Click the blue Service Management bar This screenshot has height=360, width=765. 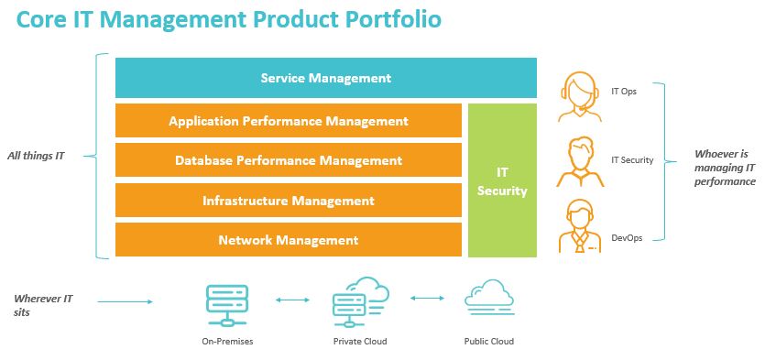pyautogui.click(x=326, y=78)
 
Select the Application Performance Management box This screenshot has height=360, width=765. pyautogui.click(x=289, y=121)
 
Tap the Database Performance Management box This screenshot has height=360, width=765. pyautogui.click(x=289, y=160)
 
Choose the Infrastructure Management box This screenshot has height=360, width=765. pyautogui.click(x=289, y=201)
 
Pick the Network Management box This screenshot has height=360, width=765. pyautogui.click(x=289, y=240)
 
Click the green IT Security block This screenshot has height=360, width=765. pyautogui.click(x=503, y=180)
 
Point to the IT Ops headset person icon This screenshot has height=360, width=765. pyautogui.click(x=580, y=97)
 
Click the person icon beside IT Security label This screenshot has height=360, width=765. pyautogui.click(x=580, y=161)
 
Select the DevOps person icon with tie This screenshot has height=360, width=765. pyautogui.click(x=580, y=225)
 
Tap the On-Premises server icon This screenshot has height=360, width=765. pyautogui.click(x=227, y=306)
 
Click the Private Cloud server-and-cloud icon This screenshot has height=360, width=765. pyautogui.click(x=361, y=302)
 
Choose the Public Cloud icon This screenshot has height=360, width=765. pyautogui.click(x=489, y=297)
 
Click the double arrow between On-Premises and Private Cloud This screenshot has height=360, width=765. pyautogui.click(x=293, y=300)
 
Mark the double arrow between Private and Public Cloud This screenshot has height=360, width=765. pyautogui.click(x=427, y=298)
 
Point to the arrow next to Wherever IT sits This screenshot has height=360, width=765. pyautogui.click(x=126, y=302)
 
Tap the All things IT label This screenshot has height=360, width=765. pyautogui.click(x=36, y=157)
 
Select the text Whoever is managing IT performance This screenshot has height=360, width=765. pyautogui.click(x=725, y=168)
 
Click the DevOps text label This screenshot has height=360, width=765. pyautogui.click(x=627, y=238)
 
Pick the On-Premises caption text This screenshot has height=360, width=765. pyautogui.click(x=228, y=342)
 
